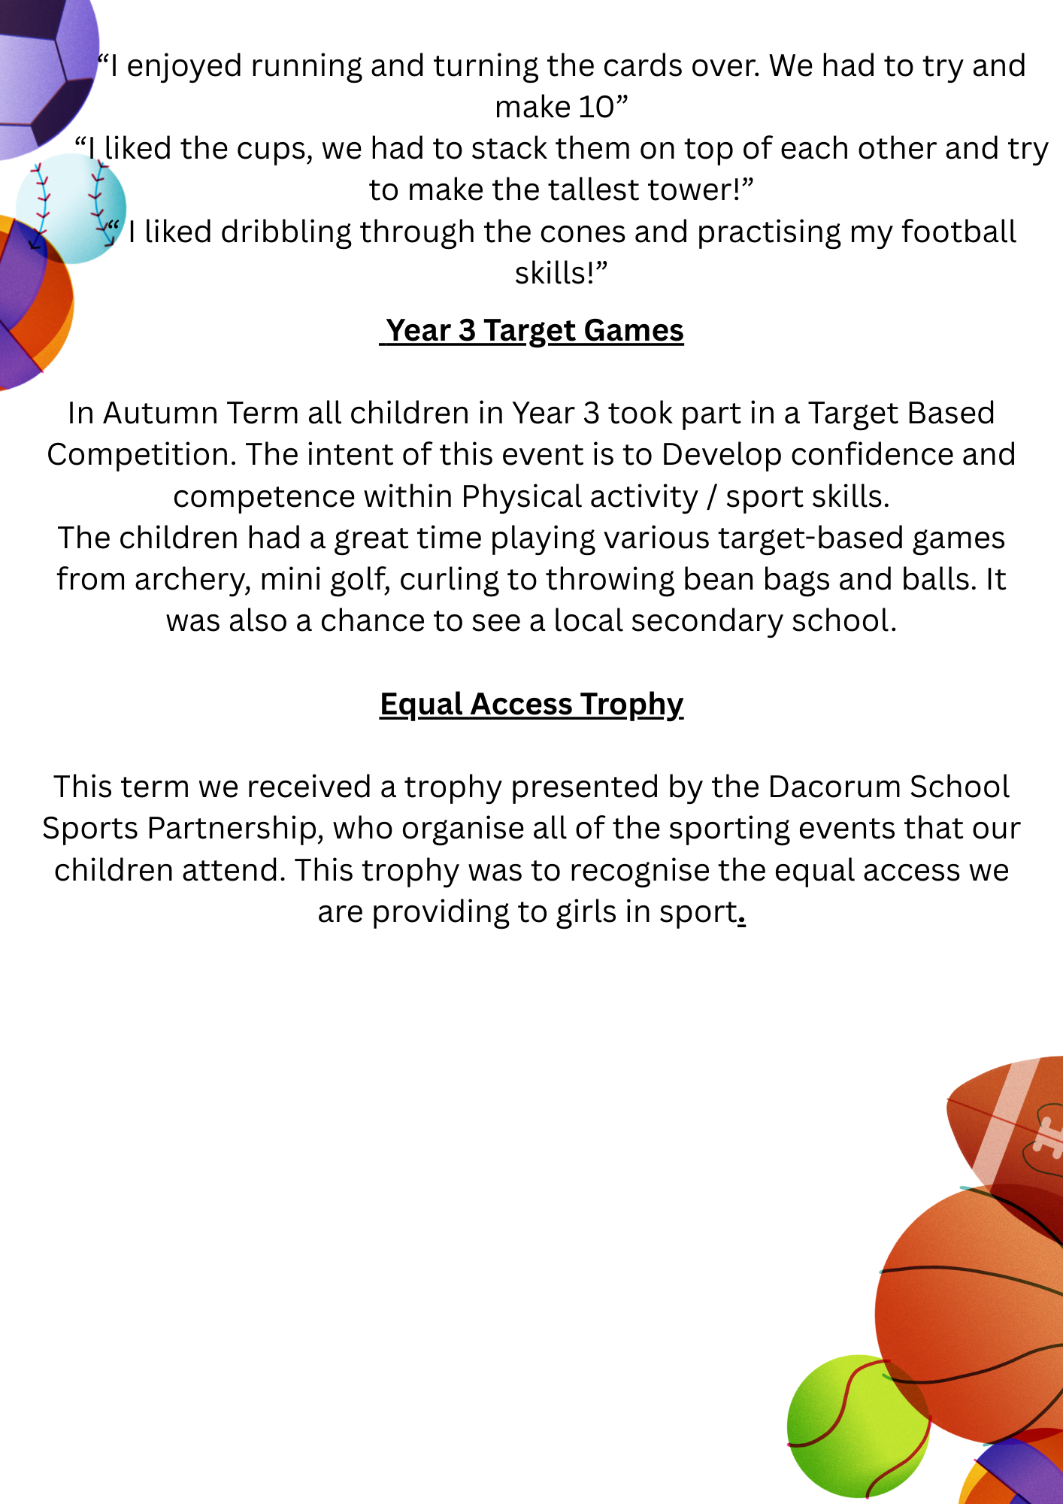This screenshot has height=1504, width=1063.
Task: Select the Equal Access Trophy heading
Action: pos(531,705)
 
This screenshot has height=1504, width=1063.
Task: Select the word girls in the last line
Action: pos(587,912)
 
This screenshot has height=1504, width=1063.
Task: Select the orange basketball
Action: pos(977,1308)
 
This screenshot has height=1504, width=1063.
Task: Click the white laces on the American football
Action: pos(1046,1136)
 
